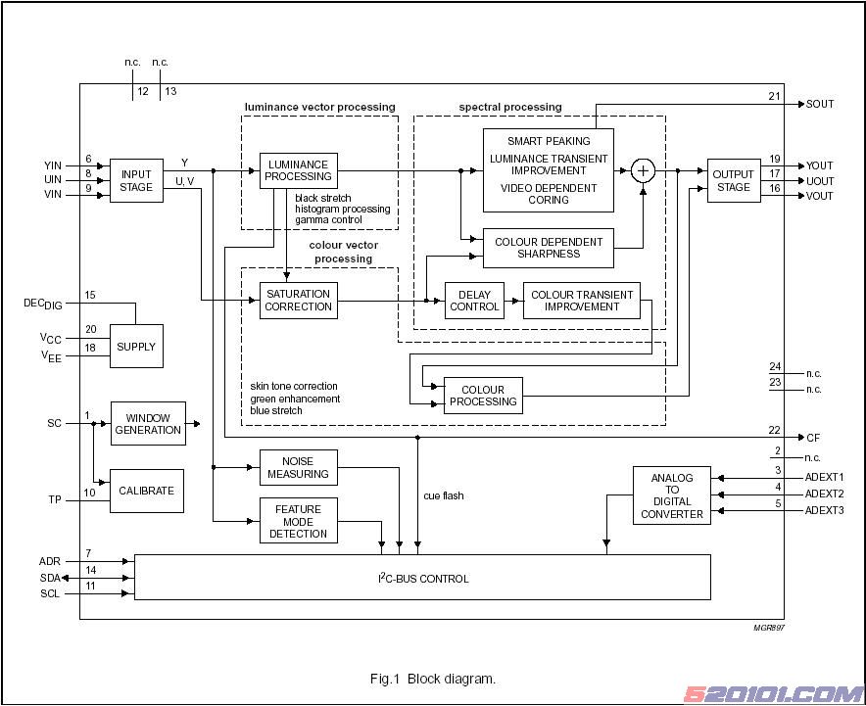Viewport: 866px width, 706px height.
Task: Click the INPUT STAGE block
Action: coord(136,180)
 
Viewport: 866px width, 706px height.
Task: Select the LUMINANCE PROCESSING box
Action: coord(299,170)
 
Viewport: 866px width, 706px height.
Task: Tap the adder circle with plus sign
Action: coord(643,170)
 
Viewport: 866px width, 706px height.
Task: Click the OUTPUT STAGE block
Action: coord(734,180)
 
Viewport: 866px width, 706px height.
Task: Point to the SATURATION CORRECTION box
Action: coord(299,300)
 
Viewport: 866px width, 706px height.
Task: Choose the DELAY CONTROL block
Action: coord(474,300)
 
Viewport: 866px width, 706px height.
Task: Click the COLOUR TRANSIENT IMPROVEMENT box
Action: coord(581,300)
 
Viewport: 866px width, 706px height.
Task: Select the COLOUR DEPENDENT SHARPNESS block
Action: coord(549,248)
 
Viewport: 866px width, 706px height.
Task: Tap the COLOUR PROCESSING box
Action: coord(483,396)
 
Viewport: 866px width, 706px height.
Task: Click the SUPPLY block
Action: coord(136,347)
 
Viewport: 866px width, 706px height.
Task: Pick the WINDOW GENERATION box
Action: coord(148,423)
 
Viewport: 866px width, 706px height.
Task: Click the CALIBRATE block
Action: coord(146,491)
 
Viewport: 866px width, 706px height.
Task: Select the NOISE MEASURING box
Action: coord(299,467)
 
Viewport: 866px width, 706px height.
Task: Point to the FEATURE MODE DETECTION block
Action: coord(299,521)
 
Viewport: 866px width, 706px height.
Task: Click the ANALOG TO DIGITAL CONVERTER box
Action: coord(672,495)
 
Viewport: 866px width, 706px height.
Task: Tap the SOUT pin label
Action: coord(820,104)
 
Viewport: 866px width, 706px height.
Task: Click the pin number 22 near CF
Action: coord(774,431)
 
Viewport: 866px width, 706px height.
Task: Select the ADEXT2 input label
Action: coord(824,494)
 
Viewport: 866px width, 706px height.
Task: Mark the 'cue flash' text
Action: coord(444,495)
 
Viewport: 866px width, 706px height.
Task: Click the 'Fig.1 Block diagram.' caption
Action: coord(432,679)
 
